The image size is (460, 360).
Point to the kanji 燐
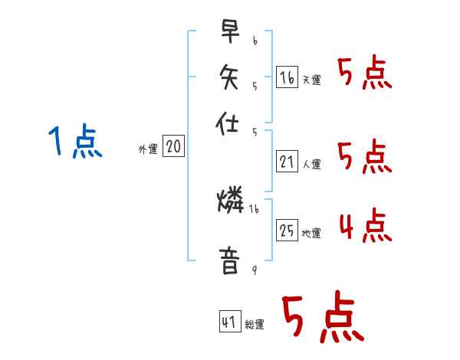pyautogui.click(x=231, y=201)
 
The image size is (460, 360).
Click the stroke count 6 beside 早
pyautogui.click(x=255, y=39)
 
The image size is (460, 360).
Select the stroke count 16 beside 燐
pyautogui.click(x=254, y=208)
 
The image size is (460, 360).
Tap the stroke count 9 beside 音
pyautogui.click(x=254, y=269)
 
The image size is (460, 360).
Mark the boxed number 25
pyautogui.click(x=287, y=231)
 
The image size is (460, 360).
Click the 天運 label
pyautogui.click(x=311, y=80)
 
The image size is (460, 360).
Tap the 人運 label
pyautogui.click(x=311, y=164)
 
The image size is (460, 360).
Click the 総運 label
pyautogui.click(x=255, y=325)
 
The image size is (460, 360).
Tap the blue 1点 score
pyautogui.click(x=74, y=142)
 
